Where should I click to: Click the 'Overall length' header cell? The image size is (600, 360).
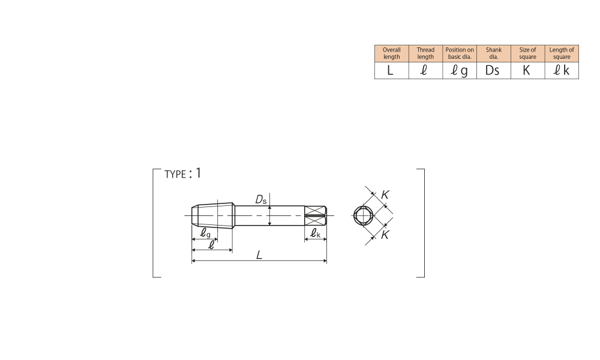(x=391, y=53)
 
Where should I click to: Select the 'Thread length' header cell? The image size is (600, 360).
(x=425, y=53)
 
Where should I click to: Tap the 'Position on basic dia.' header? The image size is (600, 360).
(x=460, y=53)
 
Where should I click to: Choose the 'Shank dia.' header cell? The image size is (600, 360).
(x=494, y=53)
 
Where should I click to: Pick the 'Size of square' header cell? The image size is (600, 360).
(x=527, y=53)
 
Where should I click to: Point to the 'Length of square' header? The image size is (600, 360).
(x=562, y=53)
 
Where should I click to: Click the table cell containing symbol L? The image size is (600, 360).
(x=391, y=70)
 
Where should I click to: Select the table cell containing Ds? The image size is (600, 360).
(x=494, y=70)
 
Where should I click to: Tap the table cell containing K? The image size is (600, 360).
(x=527, y=70)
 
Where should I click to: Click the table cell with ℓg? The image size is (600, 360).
(x=460, y=70)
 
